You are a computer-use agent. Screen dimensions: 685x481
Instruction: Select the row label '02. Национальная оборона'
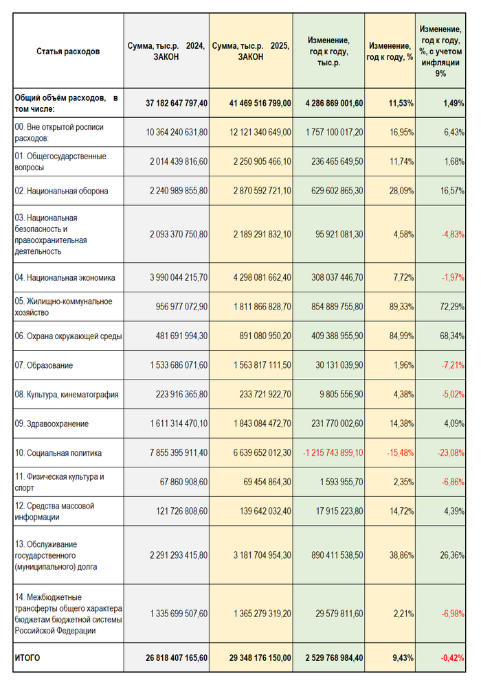[61, 191]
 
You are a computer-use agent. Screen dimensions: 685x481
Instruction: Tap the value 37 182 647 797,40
[177, 103]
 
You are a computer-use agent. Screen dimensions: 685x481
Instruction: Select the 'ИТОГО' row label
[27, 658]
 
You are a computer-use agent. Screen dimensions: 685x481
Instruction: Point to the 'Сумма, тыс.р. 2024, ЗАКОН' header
[166, 51]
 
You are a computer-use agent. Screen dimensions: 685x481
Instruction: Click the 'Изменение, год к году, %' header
[390, 51]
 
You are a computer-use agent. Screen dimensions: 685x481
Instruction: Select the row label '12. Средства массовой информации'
[54, 511]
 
